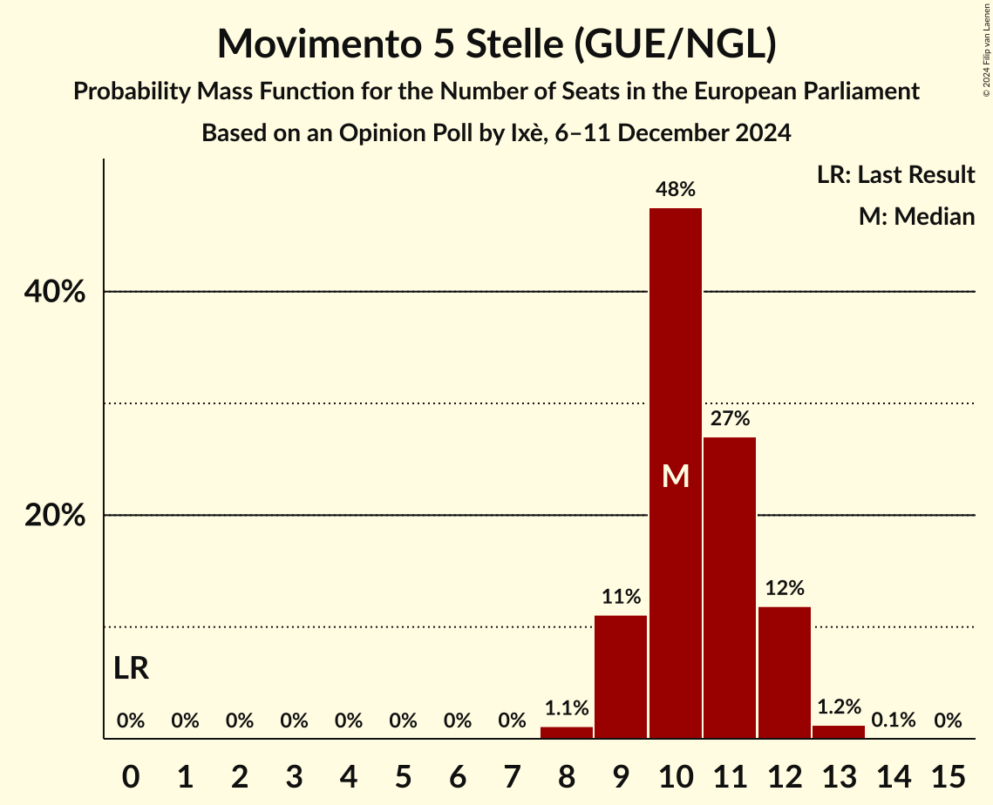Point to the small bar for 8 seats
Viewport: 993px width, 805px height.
pyautogui.click(x=567, y=733)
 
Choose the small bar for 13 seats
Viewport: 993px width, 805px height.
pyautogui.click(x=839, y=732)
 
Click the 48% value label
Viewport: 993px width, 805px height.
pyautogui.click(x=676, y=189)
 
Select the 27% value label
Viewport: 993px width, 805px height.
pyautogui.click(x=730, y=418)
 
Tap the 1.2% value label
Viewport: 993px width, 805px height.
pyautogui.click(x=839, y=707)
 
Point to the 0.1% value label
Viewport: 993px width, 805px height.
pyautogui.click(x=894, y=720)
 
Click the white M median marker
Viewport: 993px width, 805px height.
pyautogui.click(x=676, y=476)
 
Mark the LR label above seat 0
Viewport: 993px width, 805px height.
pyautogui.click(x=131, y=669)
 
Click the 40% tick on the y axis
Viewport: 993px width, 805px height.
pyautogui.click(x=55, y=293)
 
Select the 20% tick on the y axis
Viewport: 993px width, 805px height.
pyautogui.click(x=55, y=516)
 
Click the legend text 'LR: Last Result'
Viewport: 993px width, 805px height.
pyautogui.click(x=895, y=175)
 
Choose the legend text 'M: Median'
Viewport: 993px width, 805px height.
pyautogui.click(x=916, y=216)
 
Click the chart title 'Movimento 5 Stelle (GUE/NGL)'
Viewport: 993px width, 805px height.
pyautogui.click(x=496, y=44)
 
